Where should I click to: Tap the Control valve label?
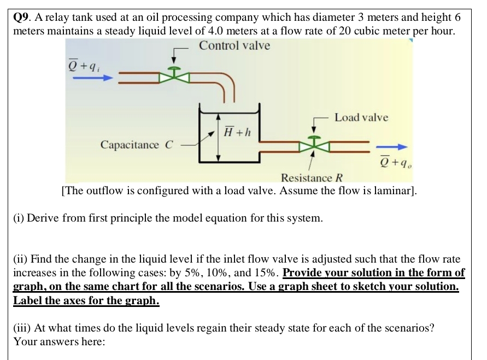click(234, 45)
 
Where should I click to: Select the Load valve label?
click(361, 117)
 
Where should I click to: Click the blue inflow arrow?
click(92, 78)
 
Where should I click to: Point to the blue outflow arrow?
click(392, 147)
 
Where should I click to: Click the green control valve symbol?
click(174, 75)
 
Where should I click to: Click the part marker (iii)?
click(22, 329)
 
